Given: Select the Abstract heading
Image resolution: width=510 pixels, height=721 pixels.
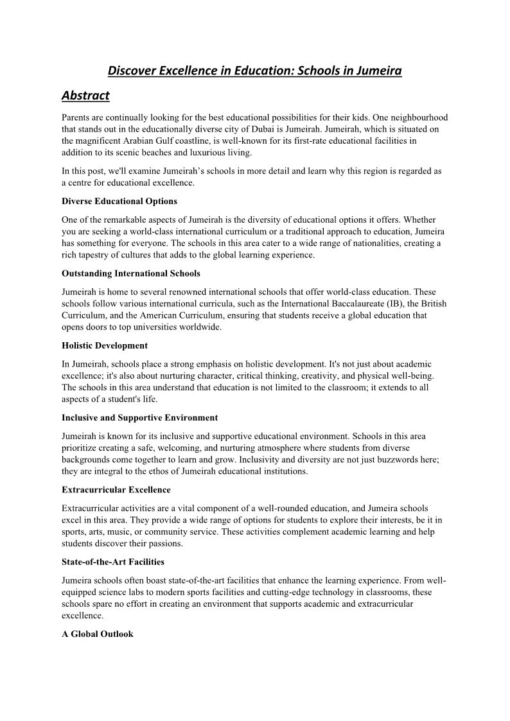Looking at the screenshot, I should (85, 96).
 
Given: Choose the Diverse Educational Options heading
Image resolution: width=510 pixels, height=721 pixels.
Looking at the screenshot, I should (119, 202).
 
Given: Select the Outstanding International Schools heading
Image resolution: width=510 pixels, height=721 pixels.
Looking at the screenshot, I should (131, 274).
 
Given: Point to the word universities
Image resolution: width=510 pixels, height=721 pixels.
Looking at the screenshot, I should (148, 327).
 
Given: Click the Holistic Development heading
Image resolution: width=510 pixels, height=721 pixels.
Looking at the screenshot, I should (105, 345).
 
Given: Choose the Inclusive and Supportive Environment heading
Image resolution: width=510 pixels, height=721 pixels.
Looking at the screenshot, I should (140, 418).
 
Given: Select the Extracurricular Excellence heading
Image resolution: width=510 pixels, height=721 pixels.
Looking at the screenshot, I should (108, 490).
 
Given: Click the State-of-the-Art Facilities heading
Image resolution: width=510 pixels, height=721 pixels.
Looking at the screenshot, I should (113, 562).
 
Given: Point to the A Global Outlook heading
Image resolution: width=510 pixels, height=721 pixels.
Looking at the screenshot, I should (98, 634).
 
